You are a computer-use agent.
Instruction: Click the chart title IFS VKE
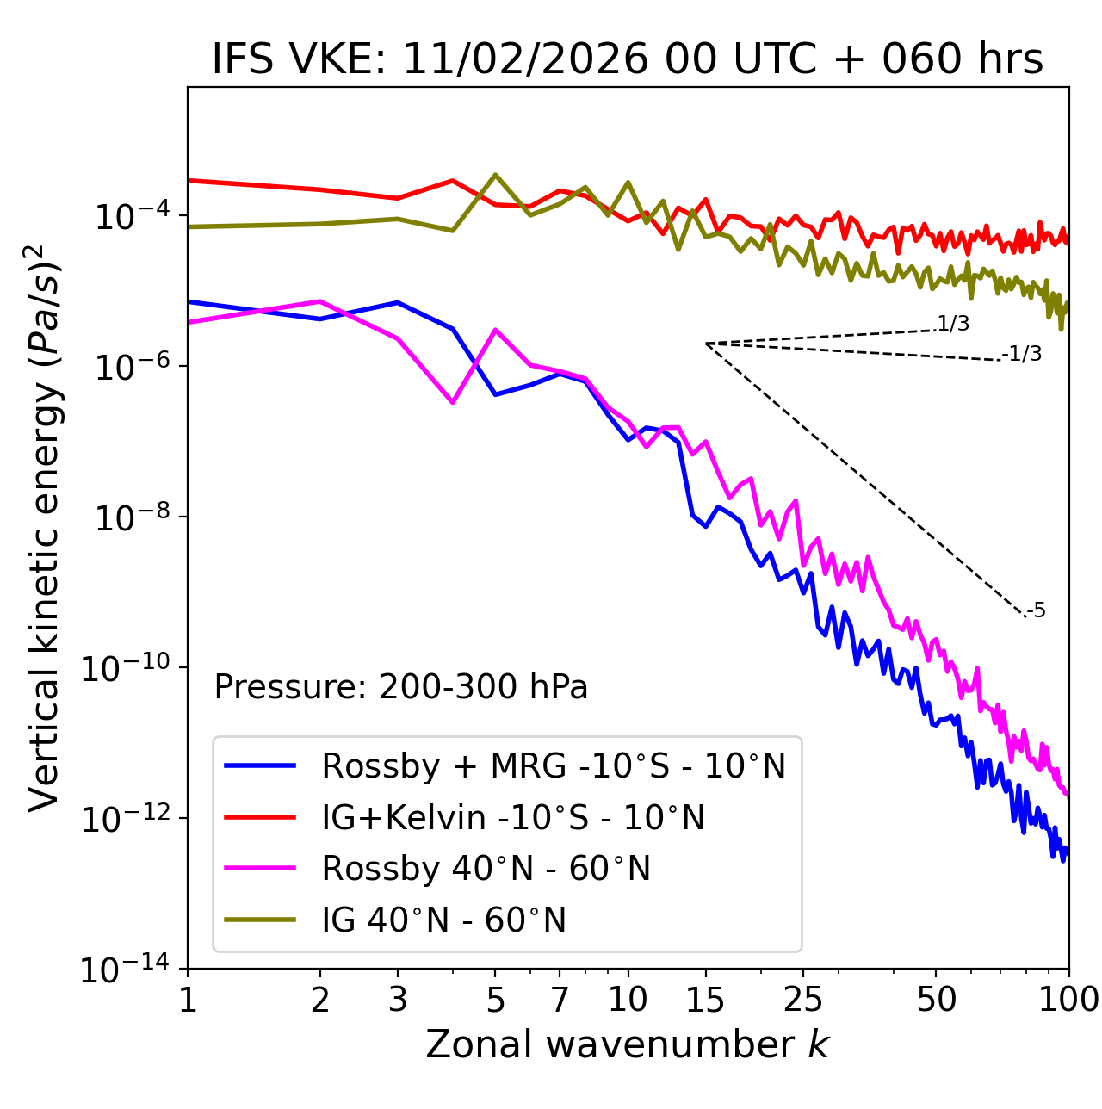628,59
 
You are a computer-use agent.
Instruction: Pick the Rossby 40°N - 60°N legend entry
486,869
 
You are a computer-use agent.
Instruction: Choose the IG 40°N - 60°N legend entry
443,920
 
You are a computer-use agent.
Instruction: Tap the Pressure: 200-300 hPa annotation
400,687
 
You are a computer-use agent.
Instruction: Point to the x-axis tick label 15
706,1000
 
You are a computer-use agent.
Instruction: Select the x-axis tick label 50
936,1000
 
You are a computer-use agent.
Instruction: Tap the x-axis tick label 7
560,1000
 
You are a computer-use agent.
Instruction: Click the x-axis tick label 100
1068,1000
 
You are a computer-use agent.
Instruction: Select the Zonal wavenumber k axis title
628,1045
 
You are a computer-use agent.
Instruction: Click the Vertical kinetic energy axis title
44,527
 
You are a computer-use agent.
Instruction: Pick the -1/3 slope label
1022,354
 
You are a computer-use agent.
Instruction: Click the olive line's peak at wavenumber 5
495,175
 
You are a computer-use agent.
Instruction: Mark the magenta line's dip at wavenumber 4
453,402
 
